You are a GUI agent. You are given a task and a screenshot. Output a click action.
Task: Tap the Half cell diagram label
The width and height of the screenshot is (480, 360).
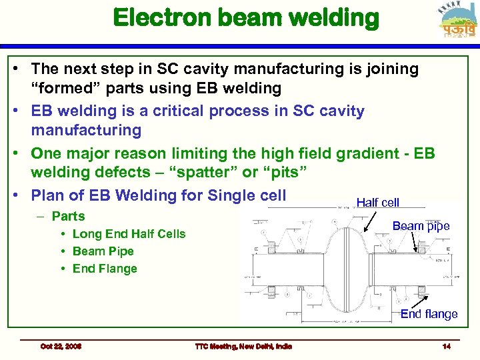[x=377, y=203]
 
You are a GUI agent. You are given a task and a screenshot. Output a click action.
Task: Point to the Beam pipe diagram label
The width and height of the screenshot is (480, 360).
[x=421, y=226]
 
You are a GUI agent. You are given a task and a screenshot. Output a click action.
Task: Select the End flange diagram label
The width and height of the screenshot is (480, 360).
[x=429, y=314]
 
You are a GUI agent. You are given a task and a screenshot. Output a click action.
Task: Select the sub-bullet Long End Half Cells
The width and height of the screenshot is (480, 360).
[x=129, y=234]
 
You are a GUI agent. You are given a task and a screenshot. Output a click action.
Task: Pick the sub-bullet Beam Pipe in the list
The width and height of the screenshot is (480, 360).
[x=103, y=251]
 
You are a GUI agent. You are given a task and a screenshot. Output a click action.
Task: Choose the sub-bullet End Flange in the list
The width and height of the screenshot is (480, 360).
[x=105, y=269]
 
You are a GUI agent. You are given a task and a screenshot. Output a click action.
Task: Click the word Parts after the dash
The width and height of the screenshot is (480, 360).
[x=68, y=216]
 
